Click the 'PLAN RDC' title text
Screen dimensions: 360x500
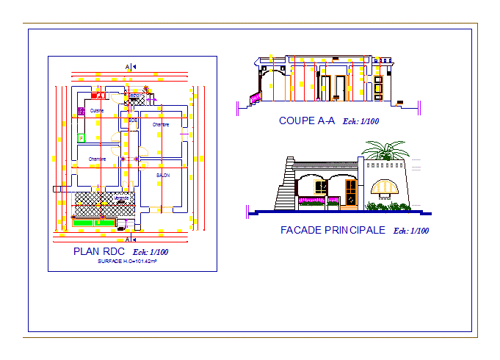click(99, 252)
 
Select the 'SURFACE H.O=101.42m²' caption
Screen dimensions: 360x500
click(126, 261)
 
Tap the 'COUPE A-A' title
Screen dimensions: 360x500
click(306, 121)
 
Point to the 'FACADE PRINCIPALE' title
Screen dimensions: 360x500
click(333, 231)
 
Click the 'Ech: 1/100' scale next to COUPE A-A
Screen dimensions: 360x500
click(361, 122)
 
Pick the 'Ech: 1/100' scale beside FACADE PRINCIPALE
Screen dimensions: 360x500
click(411, 231)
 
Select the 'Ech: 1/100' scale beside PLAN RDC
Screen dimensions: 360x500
click(151, 253)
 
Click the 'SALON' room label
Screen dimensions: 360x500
click(163, 175)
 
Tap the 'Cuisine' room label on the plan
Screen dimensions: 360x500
click(97, 111)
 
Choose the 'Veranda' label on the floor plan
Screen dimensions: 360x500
click(121, 198)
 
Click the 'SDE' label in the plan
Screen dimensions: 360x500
click(133, 120)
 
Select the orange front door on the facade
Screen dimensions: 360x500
click(352, 192)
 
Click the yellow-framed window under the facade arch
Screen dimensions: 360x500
click(320, 187)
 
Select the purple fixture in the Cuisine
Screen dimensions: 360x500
click(80, 111)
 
